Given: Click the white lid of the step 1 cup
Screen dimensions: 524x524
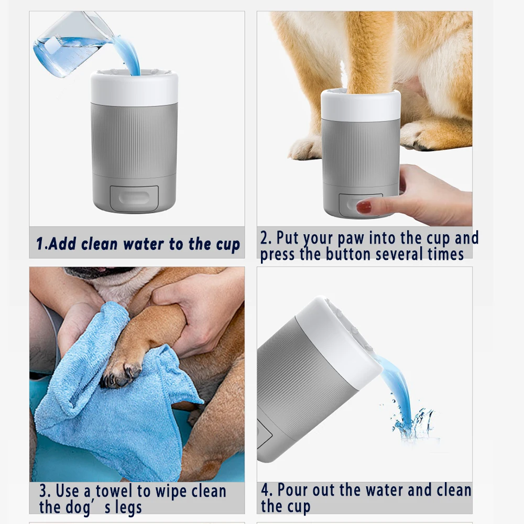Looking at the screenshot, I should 134,89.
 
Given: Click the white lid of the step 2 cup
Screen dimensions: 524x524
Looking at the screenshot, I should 361,105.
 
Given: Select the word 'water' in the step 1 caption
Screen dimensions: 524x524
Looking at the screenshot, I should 145,244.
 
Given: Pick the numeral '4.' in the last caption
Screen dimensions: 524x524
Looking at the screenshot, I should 267,490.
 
